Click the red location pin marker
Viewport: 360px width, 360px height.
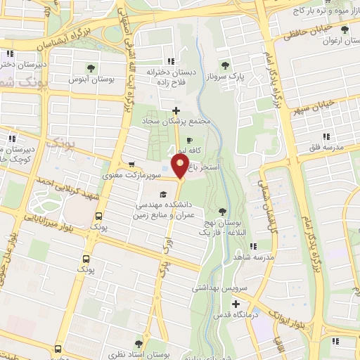point(180,168)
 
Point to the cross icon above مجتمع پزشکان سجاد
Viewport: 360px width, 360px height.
point(176,110)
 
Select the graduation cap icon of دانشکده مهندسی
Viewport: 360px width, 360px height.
point(162,195)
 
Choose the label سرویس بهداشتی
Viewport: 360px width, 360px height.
point(219,288)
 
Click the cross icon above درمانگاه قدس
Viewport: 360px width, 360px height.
point(236,304)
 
